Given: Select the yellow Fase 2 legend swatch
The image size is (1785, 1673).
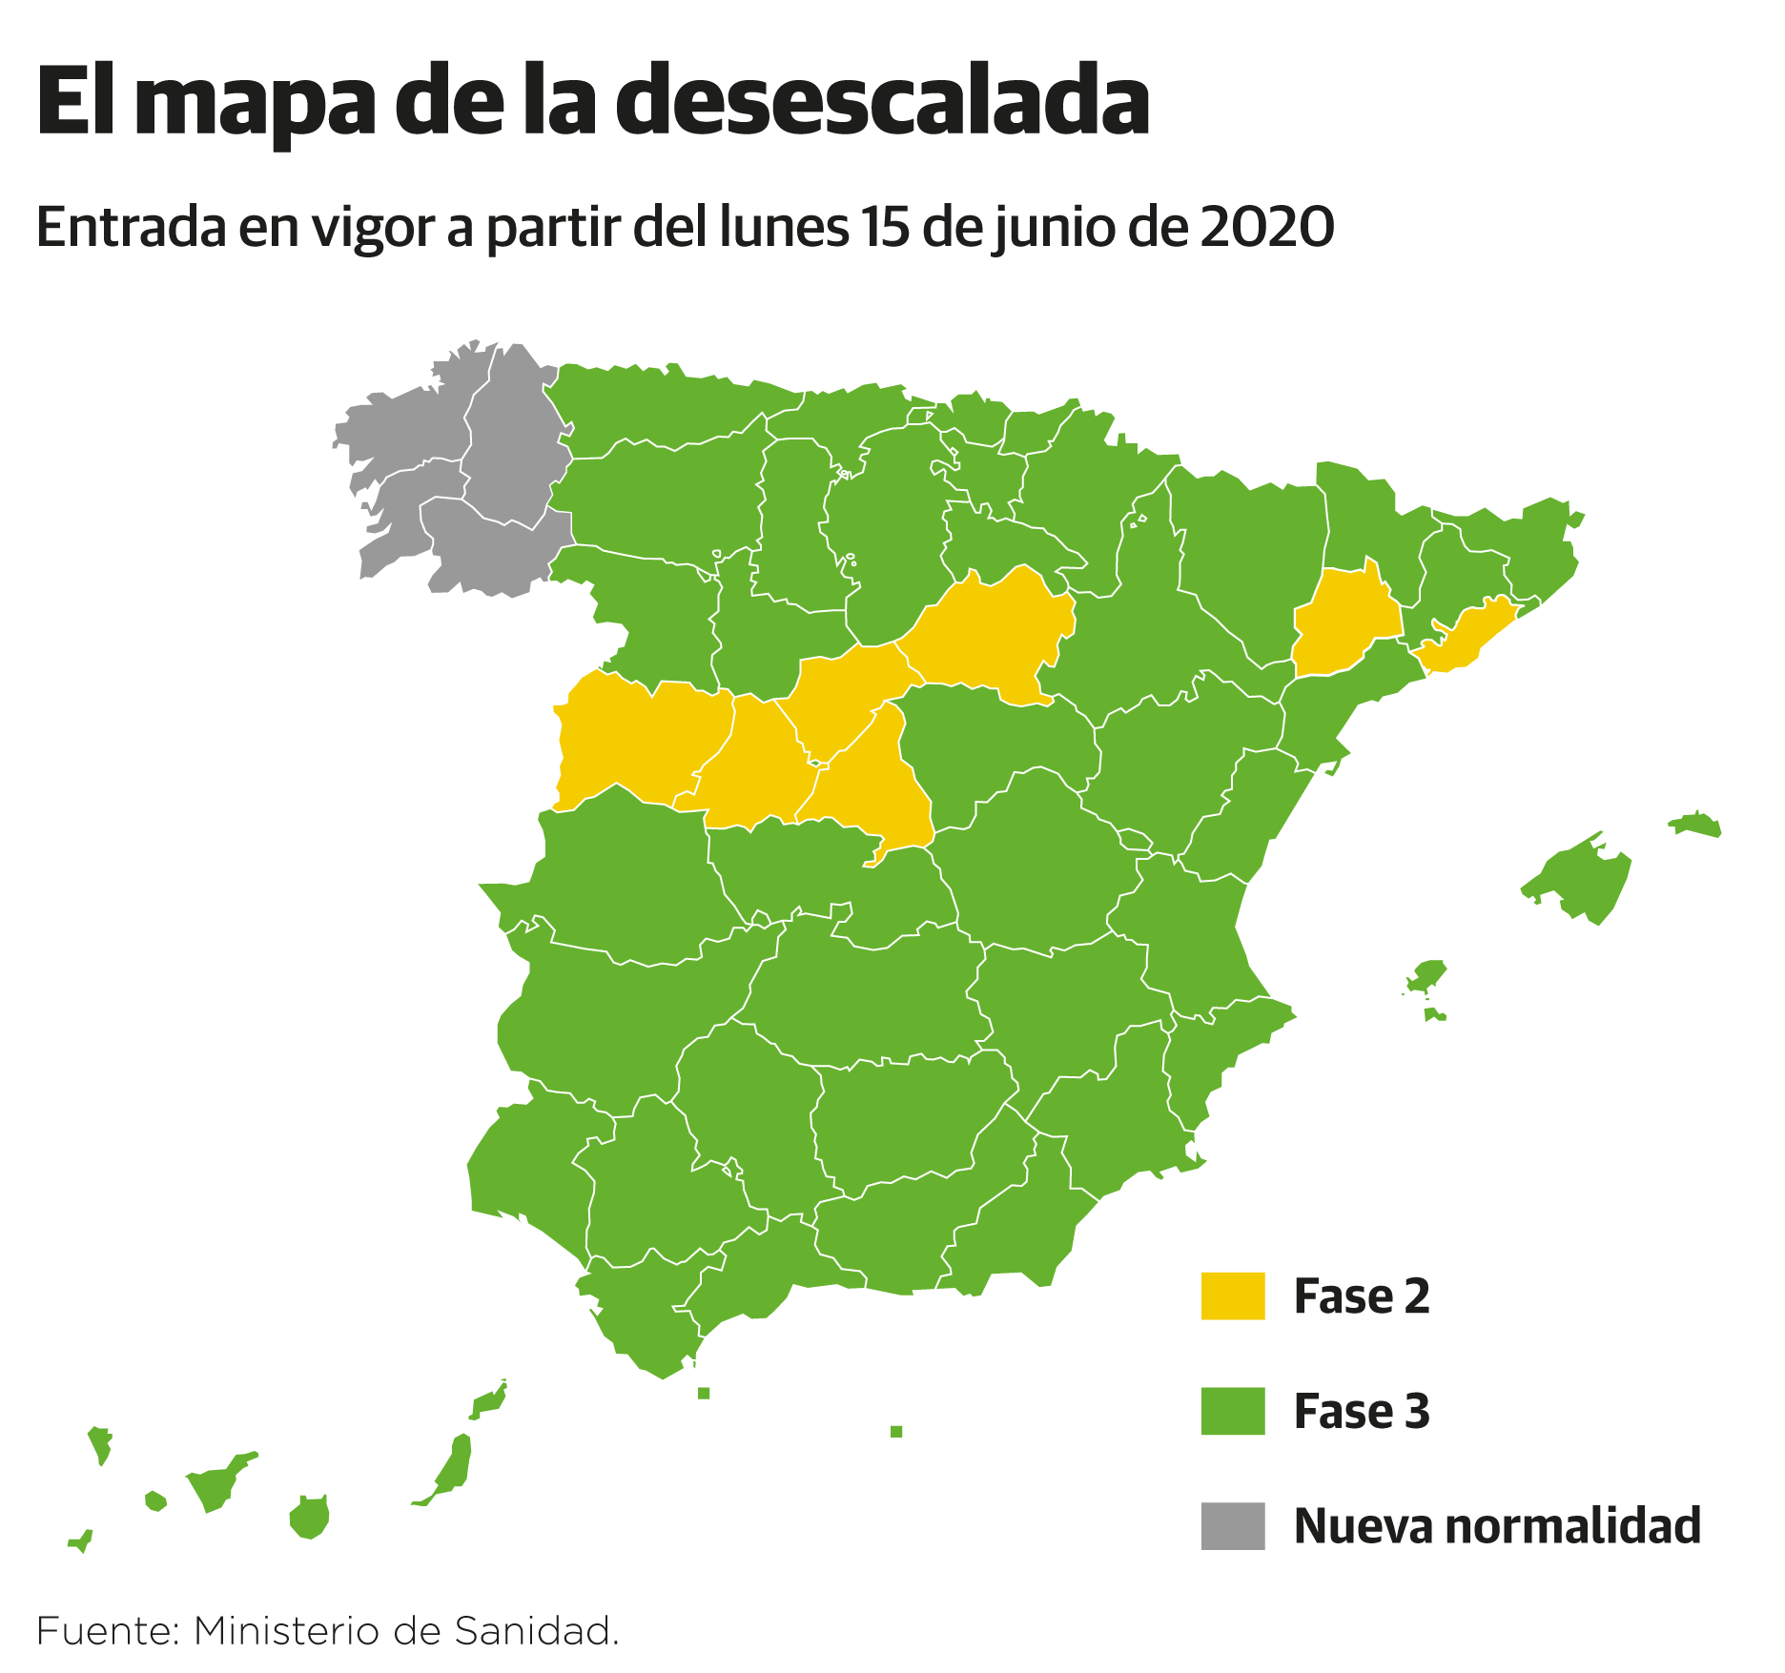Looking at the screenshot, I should [1232, 1296].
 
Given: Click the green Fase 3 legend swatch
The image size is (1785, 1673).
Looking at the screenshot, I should [1232, 1411].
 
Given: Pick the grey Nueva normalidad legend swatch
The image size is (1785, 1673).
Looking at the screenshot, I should [1232, 1525].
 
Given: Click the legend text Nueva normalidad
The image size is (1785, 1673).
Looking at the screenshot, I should [1497, 1525].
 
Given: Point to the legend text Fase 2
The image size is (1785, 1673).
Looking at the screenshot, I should [1362, 1296].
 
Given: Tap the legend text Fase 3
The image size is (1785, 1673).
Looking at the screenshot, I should [1362, 1411].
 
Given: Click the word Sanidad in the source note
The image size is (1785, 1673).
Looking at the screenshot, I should [535, 1631].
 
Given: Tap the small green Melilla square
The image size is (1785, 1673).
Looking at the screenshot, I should [896, 1431].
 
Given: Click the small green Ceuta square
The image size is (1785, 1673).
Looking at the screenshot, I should [704, 1393].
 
